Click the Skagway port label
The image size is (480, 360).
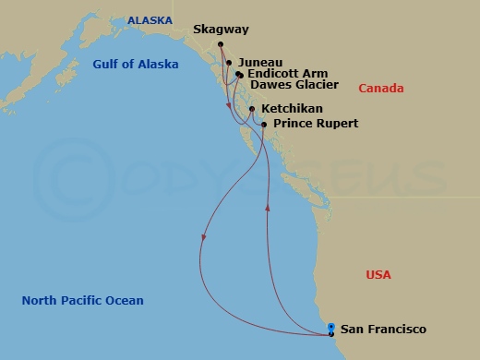[222, 30]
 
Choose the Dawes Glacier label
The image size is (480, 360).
[288, 87]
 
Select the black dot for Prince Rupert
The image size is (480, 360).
[264, 124]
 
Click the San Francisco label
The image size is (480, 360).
[383, 329]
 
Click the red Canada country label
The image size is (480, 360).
[380, 88]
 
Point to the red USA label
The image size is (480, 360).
[378, 275]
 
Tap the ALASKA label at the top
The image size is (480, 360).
[149, 18]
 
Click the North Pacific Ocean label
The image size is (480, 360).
[83, 301]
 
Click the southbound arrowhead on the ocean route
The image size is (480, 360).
[202, 242]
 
